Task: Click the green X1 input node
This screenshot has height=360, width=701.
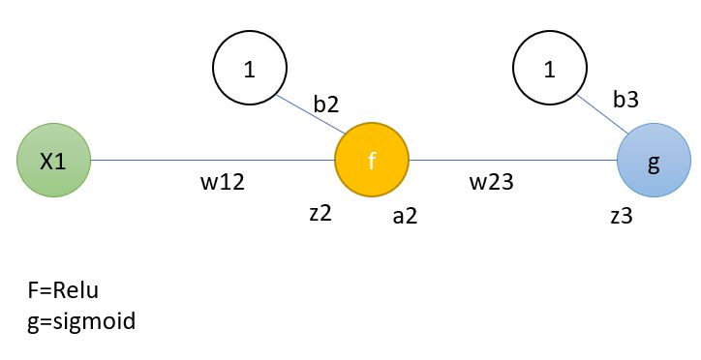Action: tap(53, 162)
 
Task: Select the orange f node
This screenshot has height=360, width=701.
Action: tap(372, 162)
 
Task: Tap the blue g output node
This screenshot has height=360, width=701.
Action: tap(654, 162)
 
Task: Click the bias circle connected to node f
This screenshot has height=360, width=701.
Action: tap(250, 70)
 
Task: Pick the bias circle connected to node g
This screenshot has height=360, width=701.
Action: tap(550, 70)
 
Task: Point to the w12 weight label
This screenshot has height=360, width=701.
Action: tap(221, 182)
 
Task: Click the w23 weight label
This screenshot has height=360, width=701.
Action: tap(492, 182)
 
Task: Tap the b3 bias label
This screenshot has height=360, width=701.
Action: tap(625, 99)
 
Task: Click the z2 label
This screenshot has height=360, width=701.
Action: tap(320, 214)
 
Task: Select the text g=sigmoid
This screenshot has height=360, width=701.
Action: tap(83, 319)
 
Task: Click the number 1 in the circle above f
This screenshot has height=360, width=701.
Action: tap(250, 70)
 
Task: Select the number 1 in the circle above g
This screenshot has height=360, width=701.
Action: tap(550, 70)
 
